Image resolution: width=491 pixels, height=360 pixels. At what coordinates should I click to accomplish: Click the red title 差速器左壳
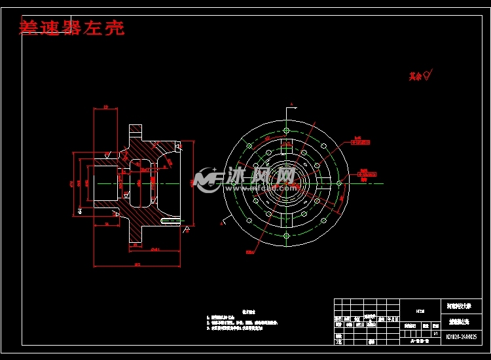pos(72,28)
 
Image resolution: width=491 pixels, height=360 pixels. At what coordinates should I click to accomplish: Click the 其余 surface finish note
pos(420,76)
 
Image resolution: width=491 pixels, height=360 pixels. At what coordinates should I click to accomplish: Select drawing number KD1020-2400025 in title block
pos(461,338)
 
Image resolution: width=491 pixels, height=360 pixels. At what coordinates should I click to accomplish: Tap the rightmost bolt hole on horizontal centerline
pos(338,183)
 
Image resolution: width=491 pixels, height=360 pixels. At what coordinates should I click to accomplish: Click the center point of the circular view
pos(286,183)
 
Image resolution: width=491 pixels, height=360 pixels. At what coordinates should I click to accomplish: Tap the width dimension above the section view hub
pos(105,107)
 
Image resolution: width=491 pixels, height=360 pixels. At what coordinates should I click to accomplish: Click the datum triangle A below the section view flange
pos(187,228)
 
